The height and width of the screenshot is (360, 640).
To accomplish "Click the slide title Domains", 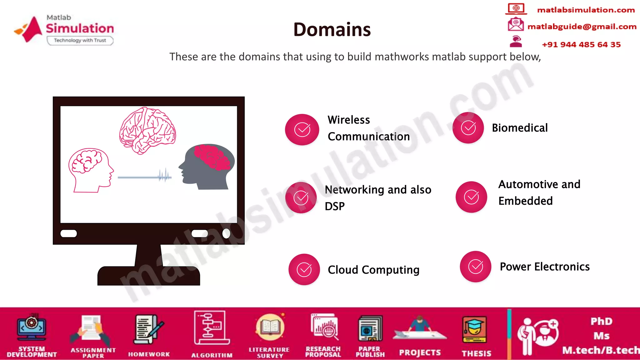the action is tap(332, 30).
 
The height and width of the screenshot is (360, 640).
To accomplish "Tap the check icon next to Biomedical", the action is tap(468, 128).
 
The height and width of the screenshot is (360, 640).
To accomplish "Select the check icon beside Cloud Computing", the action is tap(304, 269).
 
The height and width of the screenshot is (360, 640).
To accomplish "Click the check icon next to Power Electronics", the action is tap(475, 267).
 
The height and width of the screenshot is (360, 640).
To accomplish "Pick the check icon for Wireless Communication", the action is tap(302, 129).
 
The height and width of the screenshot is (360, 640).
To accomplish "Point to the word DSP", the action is tap(335, 206).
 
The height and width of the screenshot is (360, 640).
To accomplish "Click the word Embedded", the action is tap(525, 201).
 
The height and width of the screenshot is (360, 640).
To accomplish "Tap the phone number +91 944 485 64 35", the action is tap(581, 45).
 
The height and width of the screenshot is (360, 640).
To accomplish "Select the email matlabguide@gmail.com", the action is tap(582, 27).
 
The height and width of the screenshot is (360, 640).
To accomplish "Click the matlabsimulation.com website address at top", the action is tap(586, 10).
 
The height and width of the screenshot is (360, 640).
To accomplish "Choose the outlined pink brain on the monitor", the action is tap(147, 130).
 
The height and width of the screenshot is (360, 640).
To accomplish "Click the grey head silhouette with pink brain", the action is tap(207, 166).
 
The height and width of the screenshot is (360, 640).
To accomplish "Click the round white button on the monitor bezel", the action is tap(226, 233).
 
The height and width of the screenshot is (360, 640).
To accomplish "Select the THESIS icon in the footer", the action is tap(474, 330).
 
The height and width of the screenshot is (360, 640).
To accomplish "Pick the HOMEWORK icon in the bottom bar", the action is tap(148, 330).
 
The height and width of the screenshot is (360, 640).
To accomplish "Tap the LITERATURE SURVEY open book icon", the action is tap(270, 327).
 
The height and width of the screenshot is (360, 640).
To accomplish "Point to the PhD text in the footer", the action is tap(601, 321).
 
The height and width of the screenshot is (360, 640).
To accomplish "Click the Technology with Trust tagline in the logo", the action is tap(80, 40).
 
